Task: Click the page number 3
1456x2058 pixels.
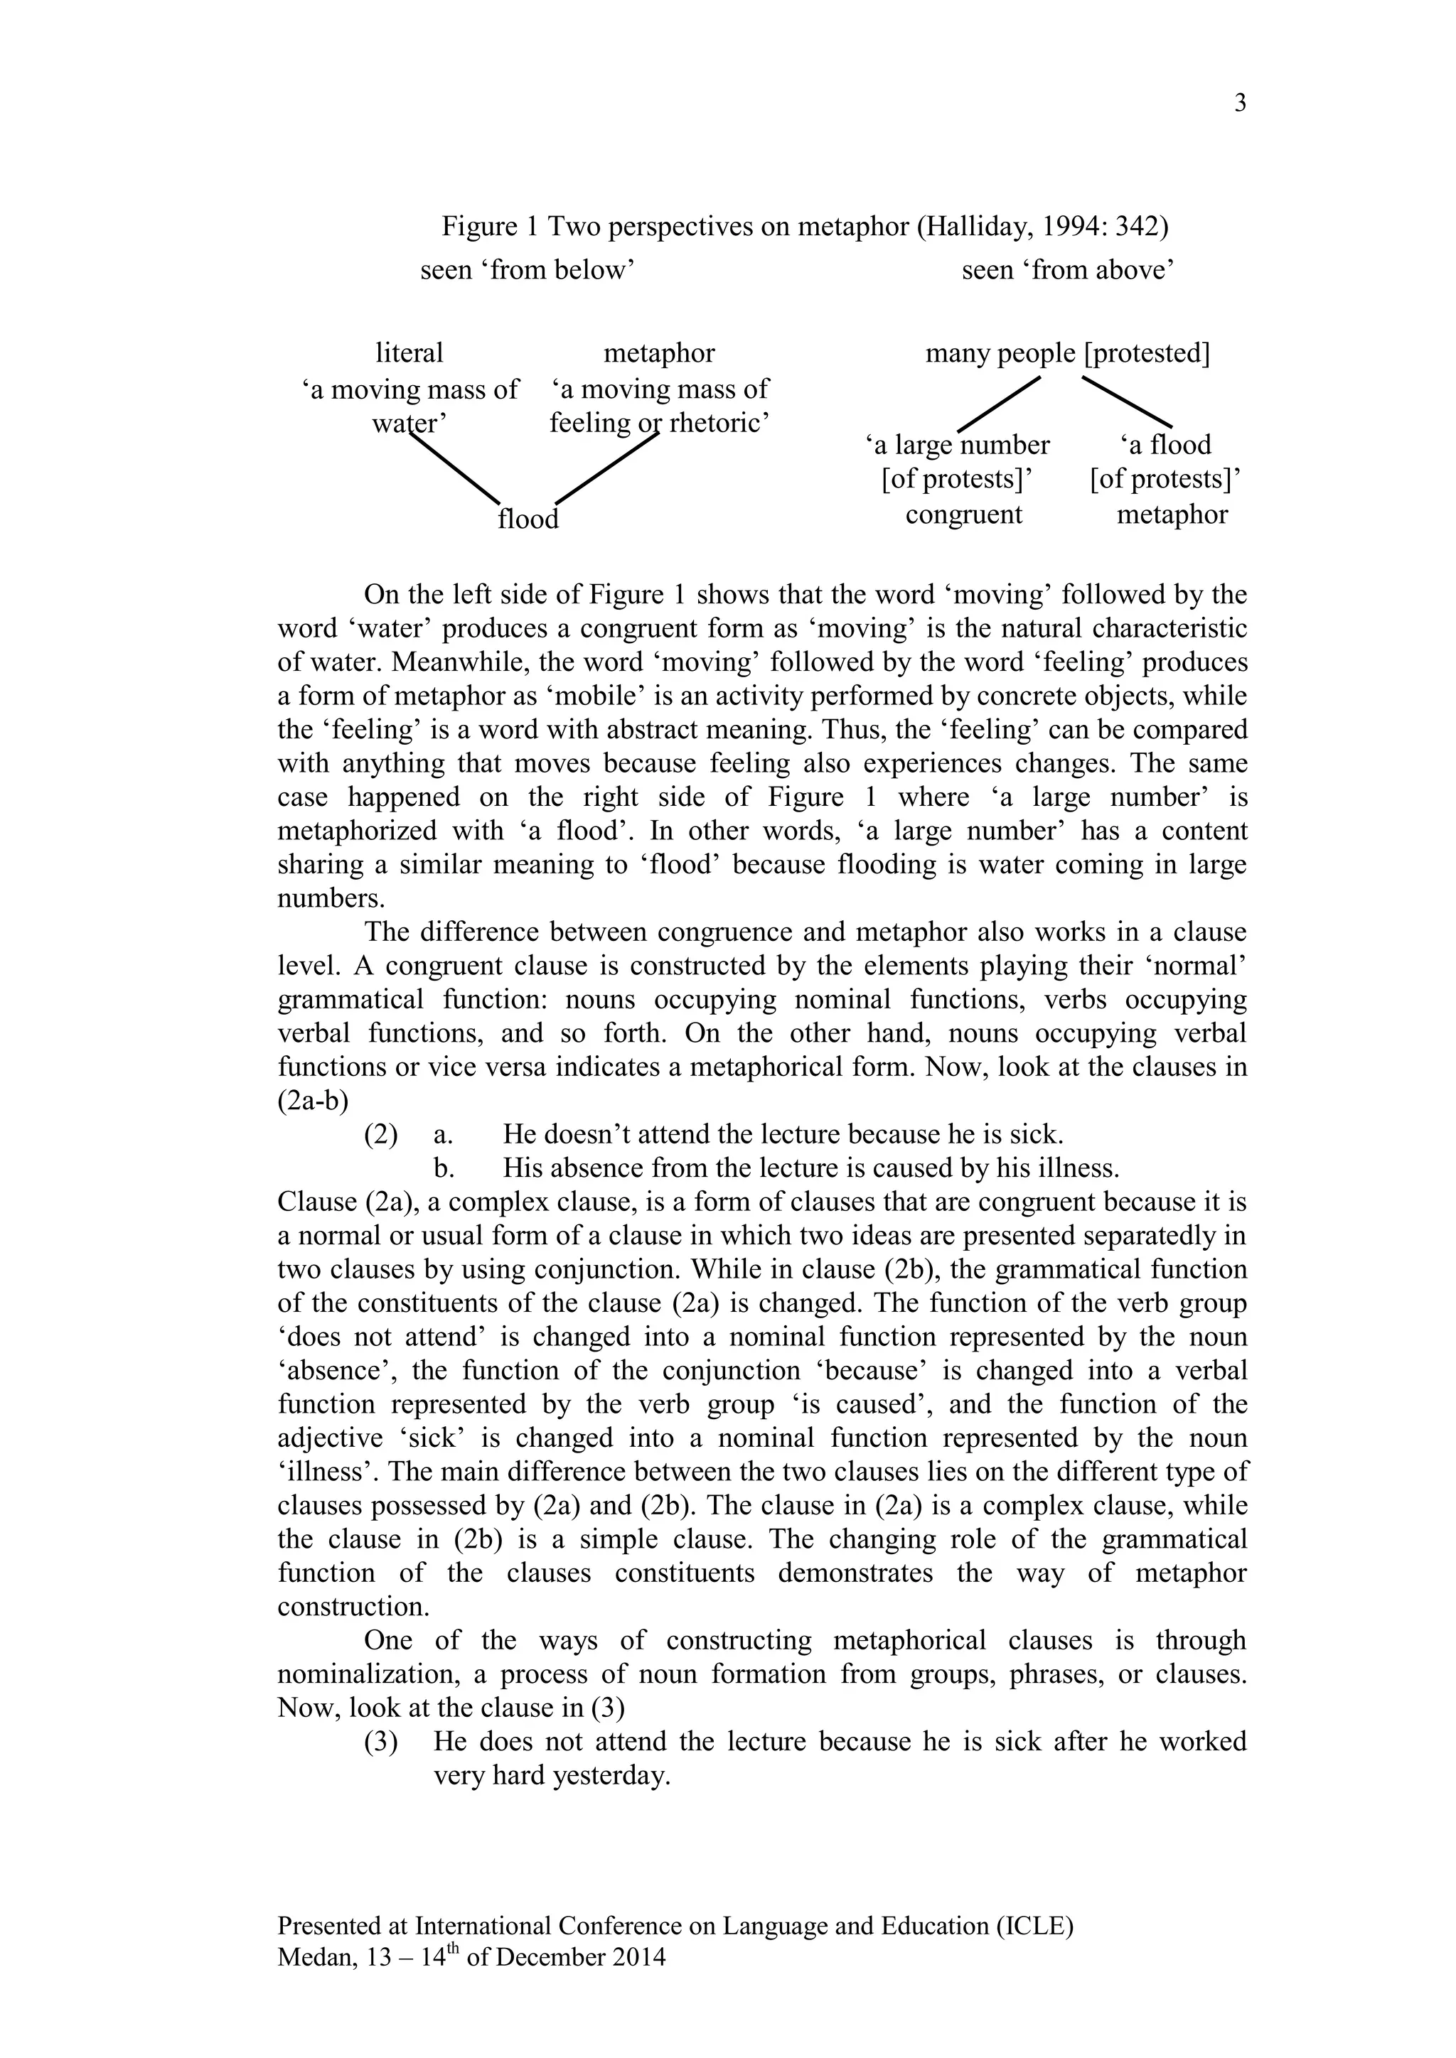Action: [x=1240, y=104]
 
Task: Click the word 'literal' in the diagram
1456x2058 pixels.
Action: [x=409, y=353]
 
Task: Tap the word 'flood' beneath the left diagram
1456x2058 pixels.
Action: [x=528, y=519]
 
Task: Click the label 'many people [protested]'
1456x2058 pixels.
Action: [x=1067, y=353]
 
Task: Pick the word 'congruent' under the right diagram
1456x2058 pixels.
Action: [x=964, y=515]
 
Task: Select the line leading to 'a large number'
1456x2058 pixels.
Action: [x=999, y=404]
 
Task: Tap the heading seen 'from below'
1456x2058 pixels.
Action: [x=528, y=270]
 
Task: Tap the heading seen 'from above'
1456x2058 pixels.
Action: [x=1068, y=270]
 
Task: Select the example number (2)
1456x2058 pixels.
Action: [x=380, y=1135]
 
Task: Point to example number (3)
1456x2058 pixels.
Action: [x=380, y=1742]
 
